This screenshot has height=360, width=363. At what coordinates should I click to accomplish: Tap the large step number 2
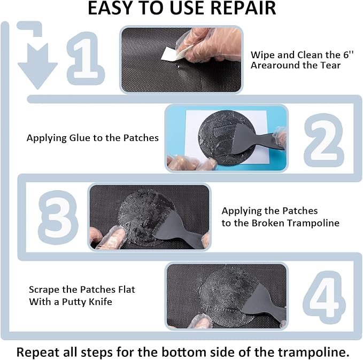pyautogui.click(x=323, y=138)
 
